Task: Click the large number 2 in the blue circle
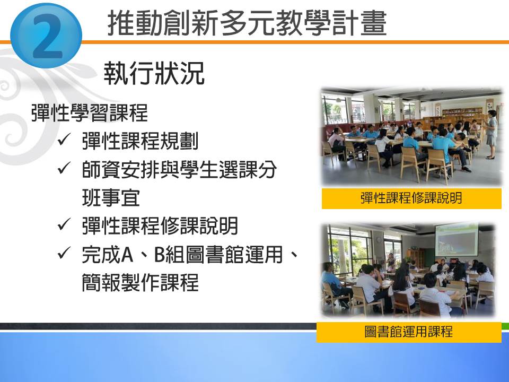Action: (x=47, y=37)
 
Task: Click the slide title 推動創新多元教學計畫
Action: (x=247, y=23)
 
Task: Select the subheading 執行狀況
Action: (x=154, y=73)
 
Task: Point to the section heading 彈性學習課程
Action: (x=89, y=112)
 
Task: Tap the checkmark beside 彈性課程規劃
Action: (x=64, y=140)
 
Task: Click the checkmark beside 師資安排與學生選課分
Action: (x=64, y=168)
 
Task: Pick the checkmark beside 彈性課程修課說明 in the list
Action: (x=64, y=224)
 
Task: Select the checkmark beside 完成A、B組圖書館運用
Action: (x=64, y=253)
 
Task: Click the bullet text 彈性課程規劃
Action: (x=140, y=141)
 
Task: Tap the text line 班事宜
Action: (x=111, y=198)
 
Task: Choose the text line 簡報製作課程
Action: (x=140, y=282)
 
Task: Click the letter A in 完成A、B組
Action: (x=127, y=254)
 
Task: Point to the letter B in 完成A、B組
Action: (x=160, y=254)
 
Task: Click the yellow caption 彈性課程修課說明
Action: (x=411, y=198)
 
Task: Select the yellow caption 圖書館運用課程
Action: (x=409, y=332)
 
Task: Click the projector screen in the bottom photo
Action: (x=457, y=240)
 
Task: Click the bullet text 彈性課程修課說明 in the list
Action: (x=160, y=225)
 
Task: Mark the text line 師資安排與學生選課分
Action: (x=179, y=169)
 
